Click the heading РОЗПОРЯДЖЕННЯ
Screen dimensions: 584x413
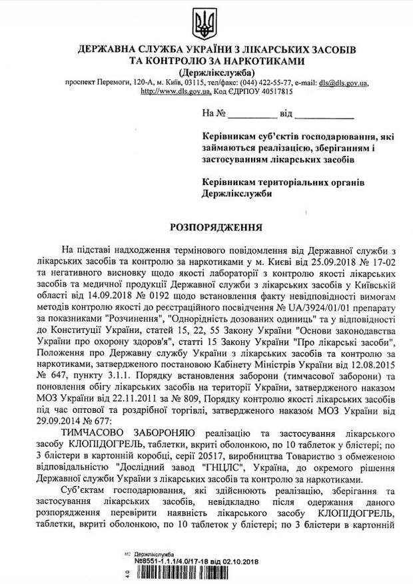coord(207,227)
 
